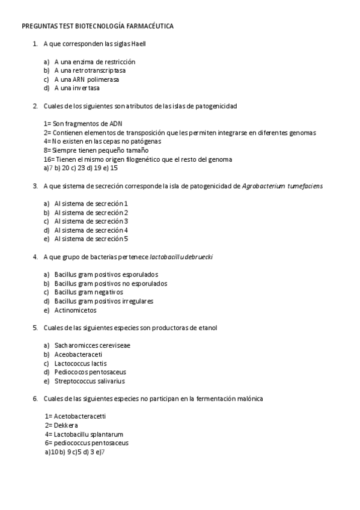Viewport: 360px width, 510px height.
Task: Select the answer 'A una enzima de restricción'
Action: (94, 62)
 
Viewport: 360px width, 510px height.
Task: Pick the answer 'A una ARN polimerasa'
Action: (87, 79)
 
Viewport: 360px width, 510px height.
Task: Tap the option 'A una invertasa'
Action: (77, 88)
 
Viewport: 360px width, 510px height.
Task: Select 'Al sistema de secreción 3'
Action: (91, 221)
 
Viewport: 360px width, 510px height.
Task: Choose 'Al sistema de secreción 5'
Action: (91, 239)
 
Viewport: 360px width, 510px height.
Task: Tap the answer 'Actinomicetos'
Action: (75, 310)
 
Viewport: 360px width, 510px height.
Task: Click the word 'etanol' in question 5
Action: (207, 328)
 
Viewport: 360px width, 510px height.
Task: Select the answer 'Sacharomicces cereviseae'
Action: (92, 346)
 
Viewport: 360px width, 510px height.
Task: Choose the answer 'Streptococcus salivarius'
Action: (90, 381)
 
